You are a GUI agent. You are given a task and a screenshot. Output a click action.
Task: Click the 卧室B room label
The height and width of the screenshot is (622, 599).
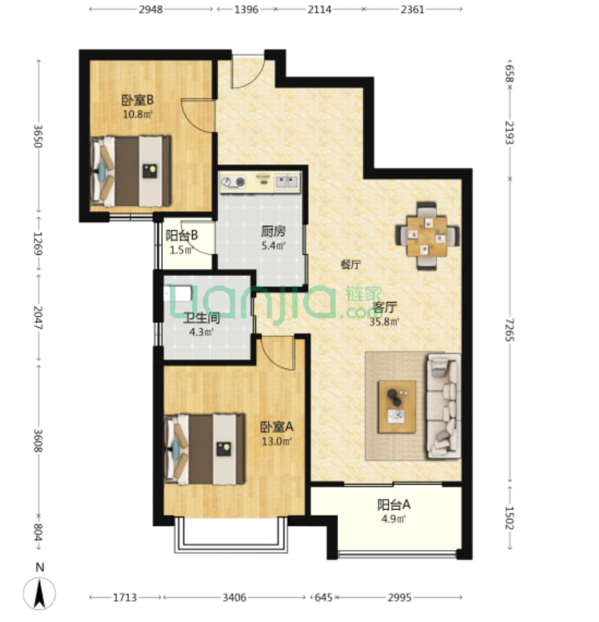137,100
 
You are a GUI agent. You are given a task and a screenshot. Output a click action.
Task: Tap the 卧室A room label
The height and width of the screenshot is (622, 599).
277,427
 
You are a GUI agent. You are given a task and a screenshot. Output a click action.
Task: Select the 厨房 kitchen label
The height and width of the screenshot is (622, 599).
273,231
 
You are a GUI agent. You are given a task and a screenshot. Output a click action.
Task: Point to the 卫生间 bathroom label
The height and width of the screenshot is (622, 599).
201,318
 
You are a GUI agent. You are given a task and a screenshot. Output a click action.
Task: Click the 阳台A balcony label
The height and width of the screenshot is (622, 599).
393,505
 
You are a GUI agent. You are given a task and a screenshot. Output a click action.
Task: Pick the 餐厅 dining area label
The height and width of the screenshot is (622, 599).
351,264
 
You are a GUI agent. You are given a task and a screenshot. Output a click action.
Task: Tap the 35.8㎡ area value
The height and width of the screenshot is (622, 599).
384,322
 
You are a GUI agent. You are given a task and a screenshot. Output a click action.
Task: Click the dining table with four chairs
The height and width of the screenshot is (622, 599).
428,236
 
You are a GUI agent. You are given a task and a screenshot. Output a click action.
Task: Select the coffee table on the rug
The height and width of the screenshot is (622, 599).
397,407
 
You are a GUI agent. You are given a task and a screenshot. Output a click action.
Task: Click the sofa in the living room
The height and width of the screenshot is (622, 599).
443,406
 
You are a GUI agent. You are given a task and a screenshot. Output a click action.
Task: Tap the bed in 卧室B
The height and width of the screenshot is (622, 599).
131,171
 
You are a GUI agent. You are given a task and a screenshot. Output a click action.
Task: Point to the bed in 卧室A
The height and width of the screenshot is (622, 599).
204,449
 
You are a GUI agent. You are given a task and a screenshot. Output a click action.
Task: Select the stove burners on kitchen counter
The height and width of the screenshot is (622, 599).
234,182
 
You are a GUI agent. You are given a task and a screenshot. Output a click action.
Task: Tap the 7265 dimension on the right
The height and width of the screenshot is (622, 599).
510,330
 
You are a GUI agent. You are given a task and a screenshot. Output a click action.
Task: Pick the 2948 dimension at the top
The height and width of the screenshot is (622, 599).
151,9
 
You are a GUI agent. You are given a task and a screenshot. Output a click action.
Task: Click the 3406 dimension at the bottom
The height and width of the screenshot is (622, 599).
235,597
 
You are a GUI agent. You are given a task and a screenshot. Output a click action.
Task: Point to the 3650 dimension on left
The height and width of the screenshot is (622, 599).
38,136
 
